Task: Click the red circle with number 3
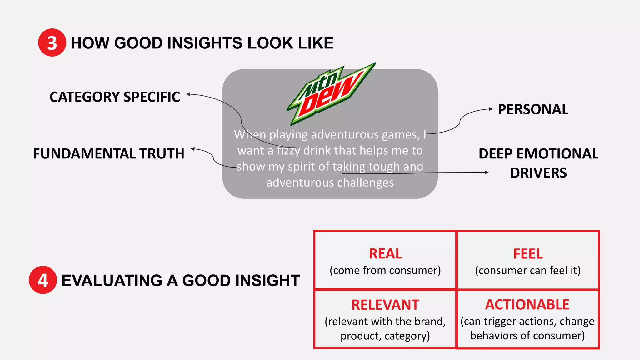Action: (x=52, y=42)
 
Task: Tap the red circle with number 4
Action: (x=43, y=280)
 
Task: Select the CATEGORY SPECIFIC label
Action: (x=115, y=97)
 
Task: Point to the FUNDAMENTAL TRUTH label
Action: (x=108, y=154)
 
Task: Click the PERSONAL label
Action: (x=533, y=109)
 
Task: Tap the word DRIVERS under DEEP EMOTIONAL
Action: (x=538, y=173)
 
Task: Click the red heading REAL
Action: (x=385, y=253)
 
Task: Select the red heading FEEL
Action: (x=528, y=253)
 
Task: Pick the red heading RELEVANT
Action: (x=385, y=305)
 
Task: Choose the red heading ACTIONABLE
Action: (x=527, y=304)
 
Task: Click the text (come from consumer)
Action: (x=385, y=270)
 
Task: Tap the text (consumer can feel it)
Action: (x=527, y=270)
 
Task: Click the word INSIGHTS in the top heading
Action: (x=204, y=43)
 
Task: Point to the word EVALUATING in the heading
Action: (x=112, y=280)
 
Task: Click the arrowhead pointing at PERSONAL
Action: (x=491, y=109)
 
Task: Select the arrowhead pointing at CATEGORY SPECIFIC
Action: (x=188, y=94)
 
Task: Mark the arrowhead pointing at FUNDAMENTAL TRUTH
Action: (x=193, y=149)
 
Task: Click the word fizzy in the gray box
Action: (x=288, y=151)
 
